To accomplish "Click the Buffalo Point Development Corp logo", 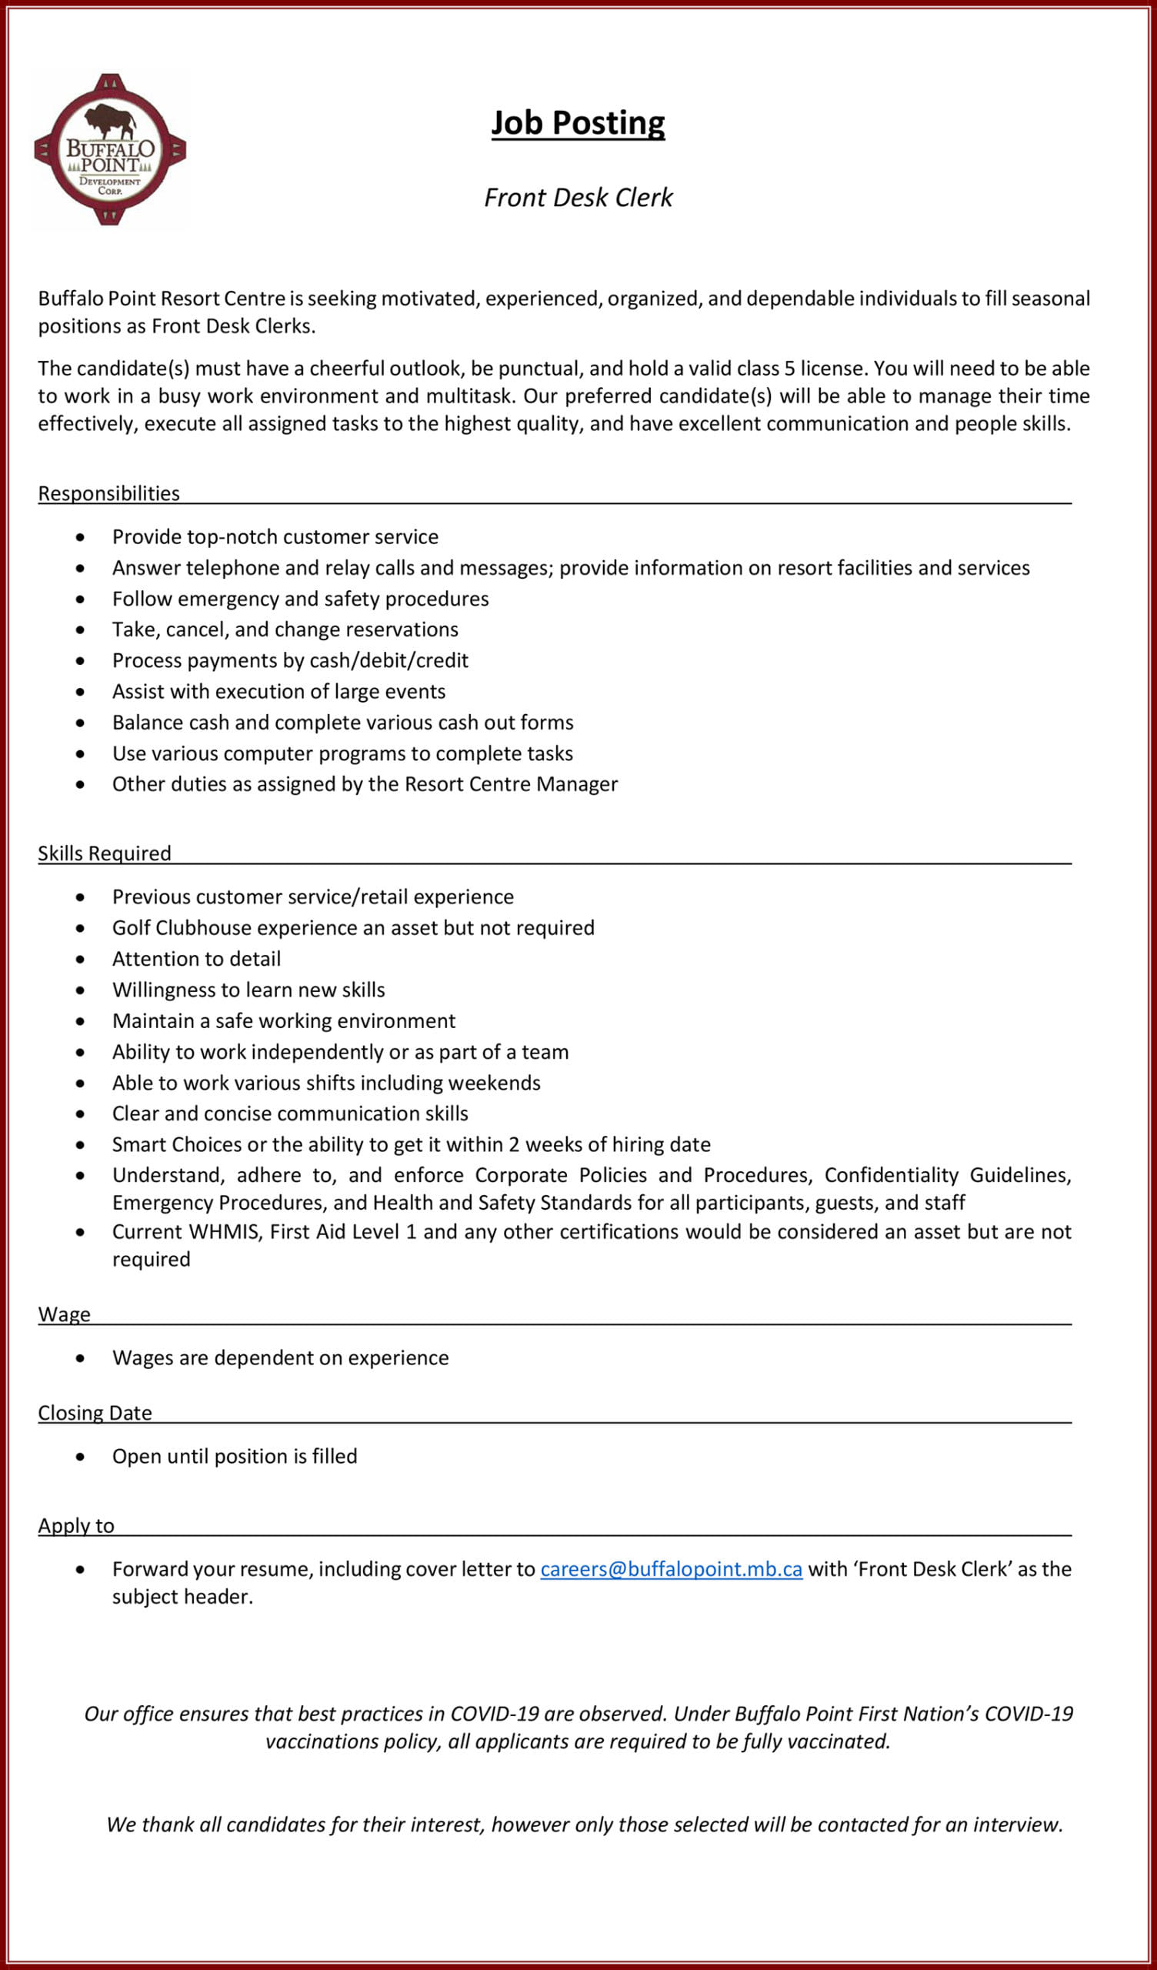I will point(110,150).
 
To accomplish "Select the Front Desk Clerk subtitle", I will point(578,198).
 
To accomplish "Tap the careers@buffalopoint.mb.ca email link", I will point(671,1569).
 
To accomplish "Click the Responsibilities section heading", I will point(108,493).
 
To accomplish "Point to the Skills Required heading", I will point(104,853).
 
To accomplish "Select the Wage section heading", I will point(64,1314).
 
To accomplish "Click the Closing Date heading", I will point(95,1413).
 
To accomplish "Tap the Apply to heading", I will point(76,1525).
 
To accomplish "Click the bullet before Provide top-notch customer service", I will point(81,538).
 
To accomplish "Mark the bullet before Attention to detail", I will point(81,960).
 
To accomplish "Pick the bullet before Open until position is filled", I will point(81,1457).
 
